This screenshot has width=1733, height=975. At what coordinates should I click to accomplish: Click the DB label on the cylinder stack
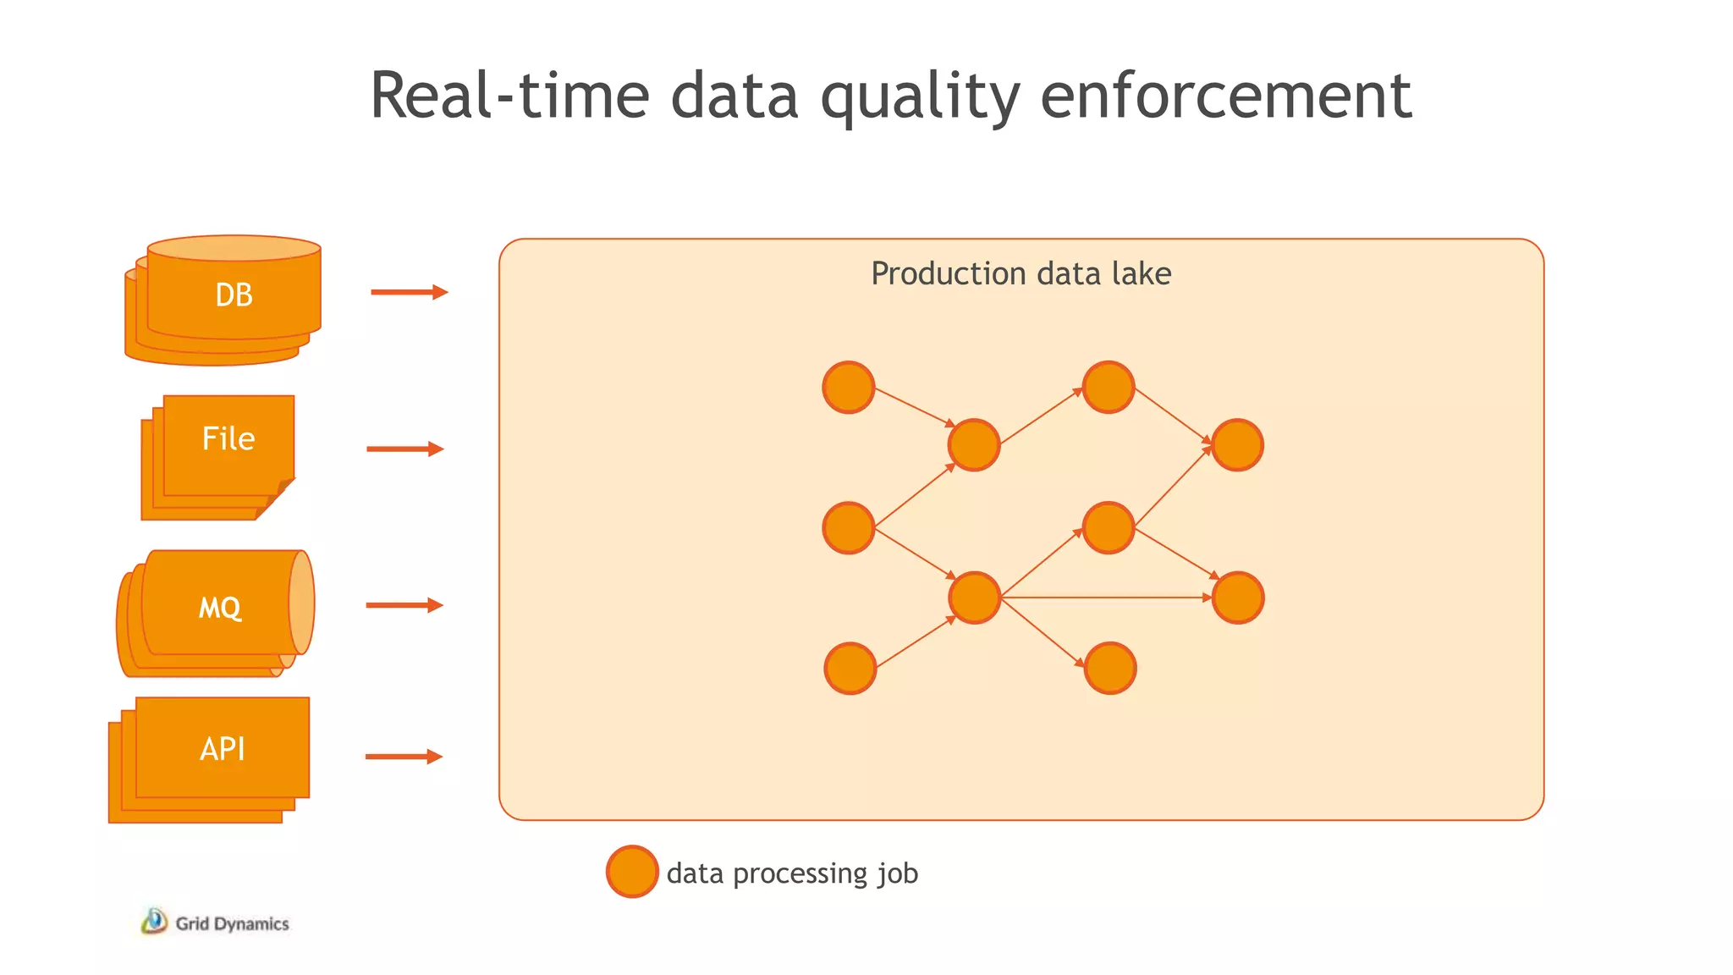(x=234, y=295)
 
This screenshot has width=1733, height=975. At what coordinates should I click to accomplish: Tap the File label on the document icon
(x=228, y=438)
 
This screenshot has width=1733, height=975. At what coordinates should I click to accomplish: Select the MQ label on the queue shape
(x=220, y=608)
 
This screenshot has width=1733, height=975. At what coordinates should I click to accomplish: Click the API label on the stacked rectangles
(x=223, y=749)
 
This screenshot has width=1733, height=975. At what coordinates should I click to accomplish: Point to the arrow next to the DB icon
(x=409, y=292)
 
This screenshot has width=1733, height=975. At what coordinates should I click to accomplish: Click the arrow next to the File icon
(x=404, y=449)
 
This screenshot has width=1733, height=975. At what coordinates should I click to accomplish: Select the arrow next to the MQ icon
(x=404, y=605)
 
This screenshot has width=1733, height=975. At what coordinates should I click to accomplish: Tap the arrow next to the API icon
(x=404, y=757)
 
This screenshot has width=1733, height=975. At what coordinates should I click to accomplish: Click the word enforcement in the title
(x=1225, y=95)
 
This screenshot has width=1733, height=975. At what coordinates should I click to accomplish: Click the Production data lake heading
(x=1021, y=273)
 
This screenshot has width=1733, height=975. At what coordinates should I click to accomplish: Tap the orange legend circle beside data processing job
(x=632, y=872)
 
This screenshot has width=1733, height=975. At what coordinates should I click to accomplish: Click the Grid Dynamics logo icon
(x=154, y=922)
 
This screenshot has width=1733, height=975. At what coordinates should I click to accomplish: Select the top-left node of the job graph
(x=849, y=388)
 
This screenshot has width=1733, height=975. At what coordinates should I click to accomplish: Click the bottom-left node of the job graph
(x=850, y=669)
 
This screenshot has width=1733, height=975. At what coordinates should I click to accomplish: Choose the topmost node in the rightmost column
(x=1237, y=445)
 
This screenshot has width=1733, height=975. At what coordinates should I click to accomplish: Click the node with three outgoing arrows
(x=975, y=598)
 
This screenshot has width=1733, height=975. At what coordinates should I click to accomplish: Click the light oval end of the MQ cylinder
(x=301, y=603)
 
